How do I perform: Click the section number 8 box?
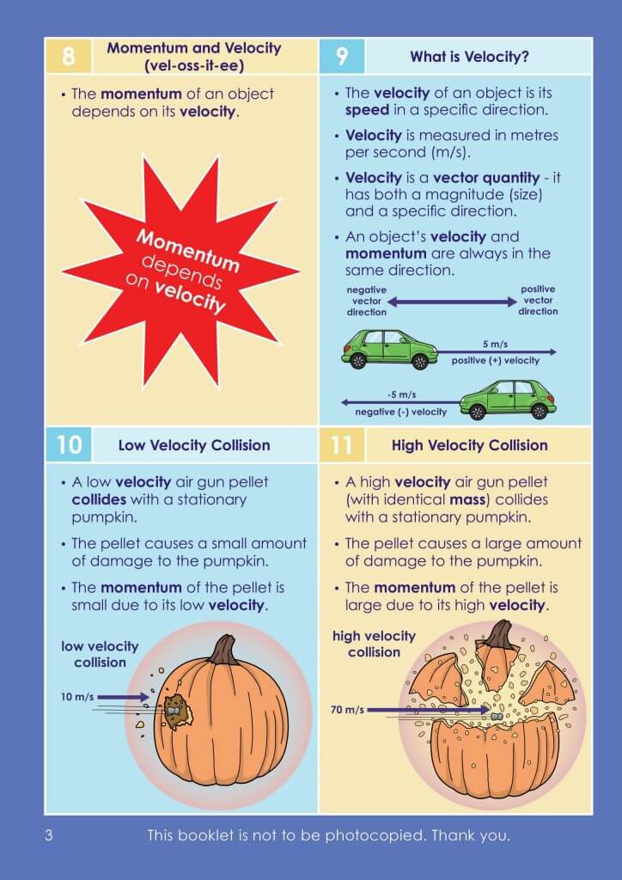(69, 57)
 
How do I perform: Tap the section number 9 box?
(342, 57)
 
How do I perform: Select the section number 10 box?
(69, 444)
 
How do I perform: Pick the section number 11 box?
(342, 444)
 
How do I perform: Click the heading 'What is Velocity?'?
(481, 58)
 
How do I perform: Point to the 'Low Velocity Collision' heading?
(193, 445)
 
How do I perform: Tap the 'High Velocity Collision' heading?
(469, 445)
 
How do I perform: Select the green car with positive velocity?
(389, 348)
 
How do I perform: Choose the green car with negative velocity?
(508, 399)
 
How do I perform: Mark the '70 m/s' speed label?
(347, 710)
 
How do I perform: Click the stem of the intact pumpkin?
(225, 650)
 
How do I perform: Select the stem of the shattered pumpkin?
(499, 635)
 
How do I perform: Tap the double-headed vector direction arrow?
(453, 302)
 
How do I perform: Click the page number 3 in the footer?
(49, 834)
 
